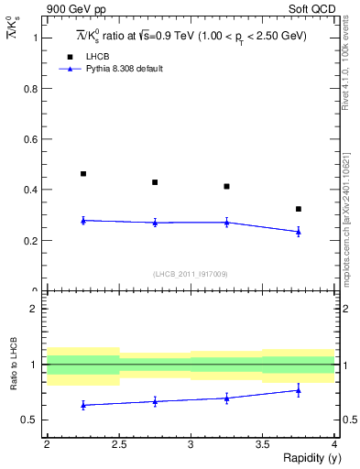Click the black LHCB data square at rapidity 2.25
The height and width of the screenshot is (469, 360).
tap(83, 173)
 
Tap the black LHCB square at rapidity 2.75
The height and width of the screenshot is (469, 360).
tap(155, 182)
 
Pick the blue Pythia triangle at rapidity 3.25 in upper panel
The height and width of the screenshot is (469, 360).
tap(227, 222)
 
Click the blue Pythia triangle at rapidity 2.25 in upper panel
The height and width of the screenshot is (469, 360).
tap(83, 220)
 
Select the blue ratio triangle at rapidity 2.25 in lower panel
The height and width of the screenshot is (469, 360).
tap(83, 404)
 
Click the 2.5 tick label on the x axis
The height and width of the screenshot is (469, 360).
tap(119, 444)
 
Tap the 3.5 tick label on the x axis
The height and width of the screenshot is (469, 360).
tap(263, 444)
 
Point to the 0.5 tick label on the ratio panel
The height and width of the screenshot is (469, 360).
tap(31, 420)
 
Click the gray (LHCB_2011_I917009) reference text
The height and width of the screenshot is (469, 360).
tap(191, 274)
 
